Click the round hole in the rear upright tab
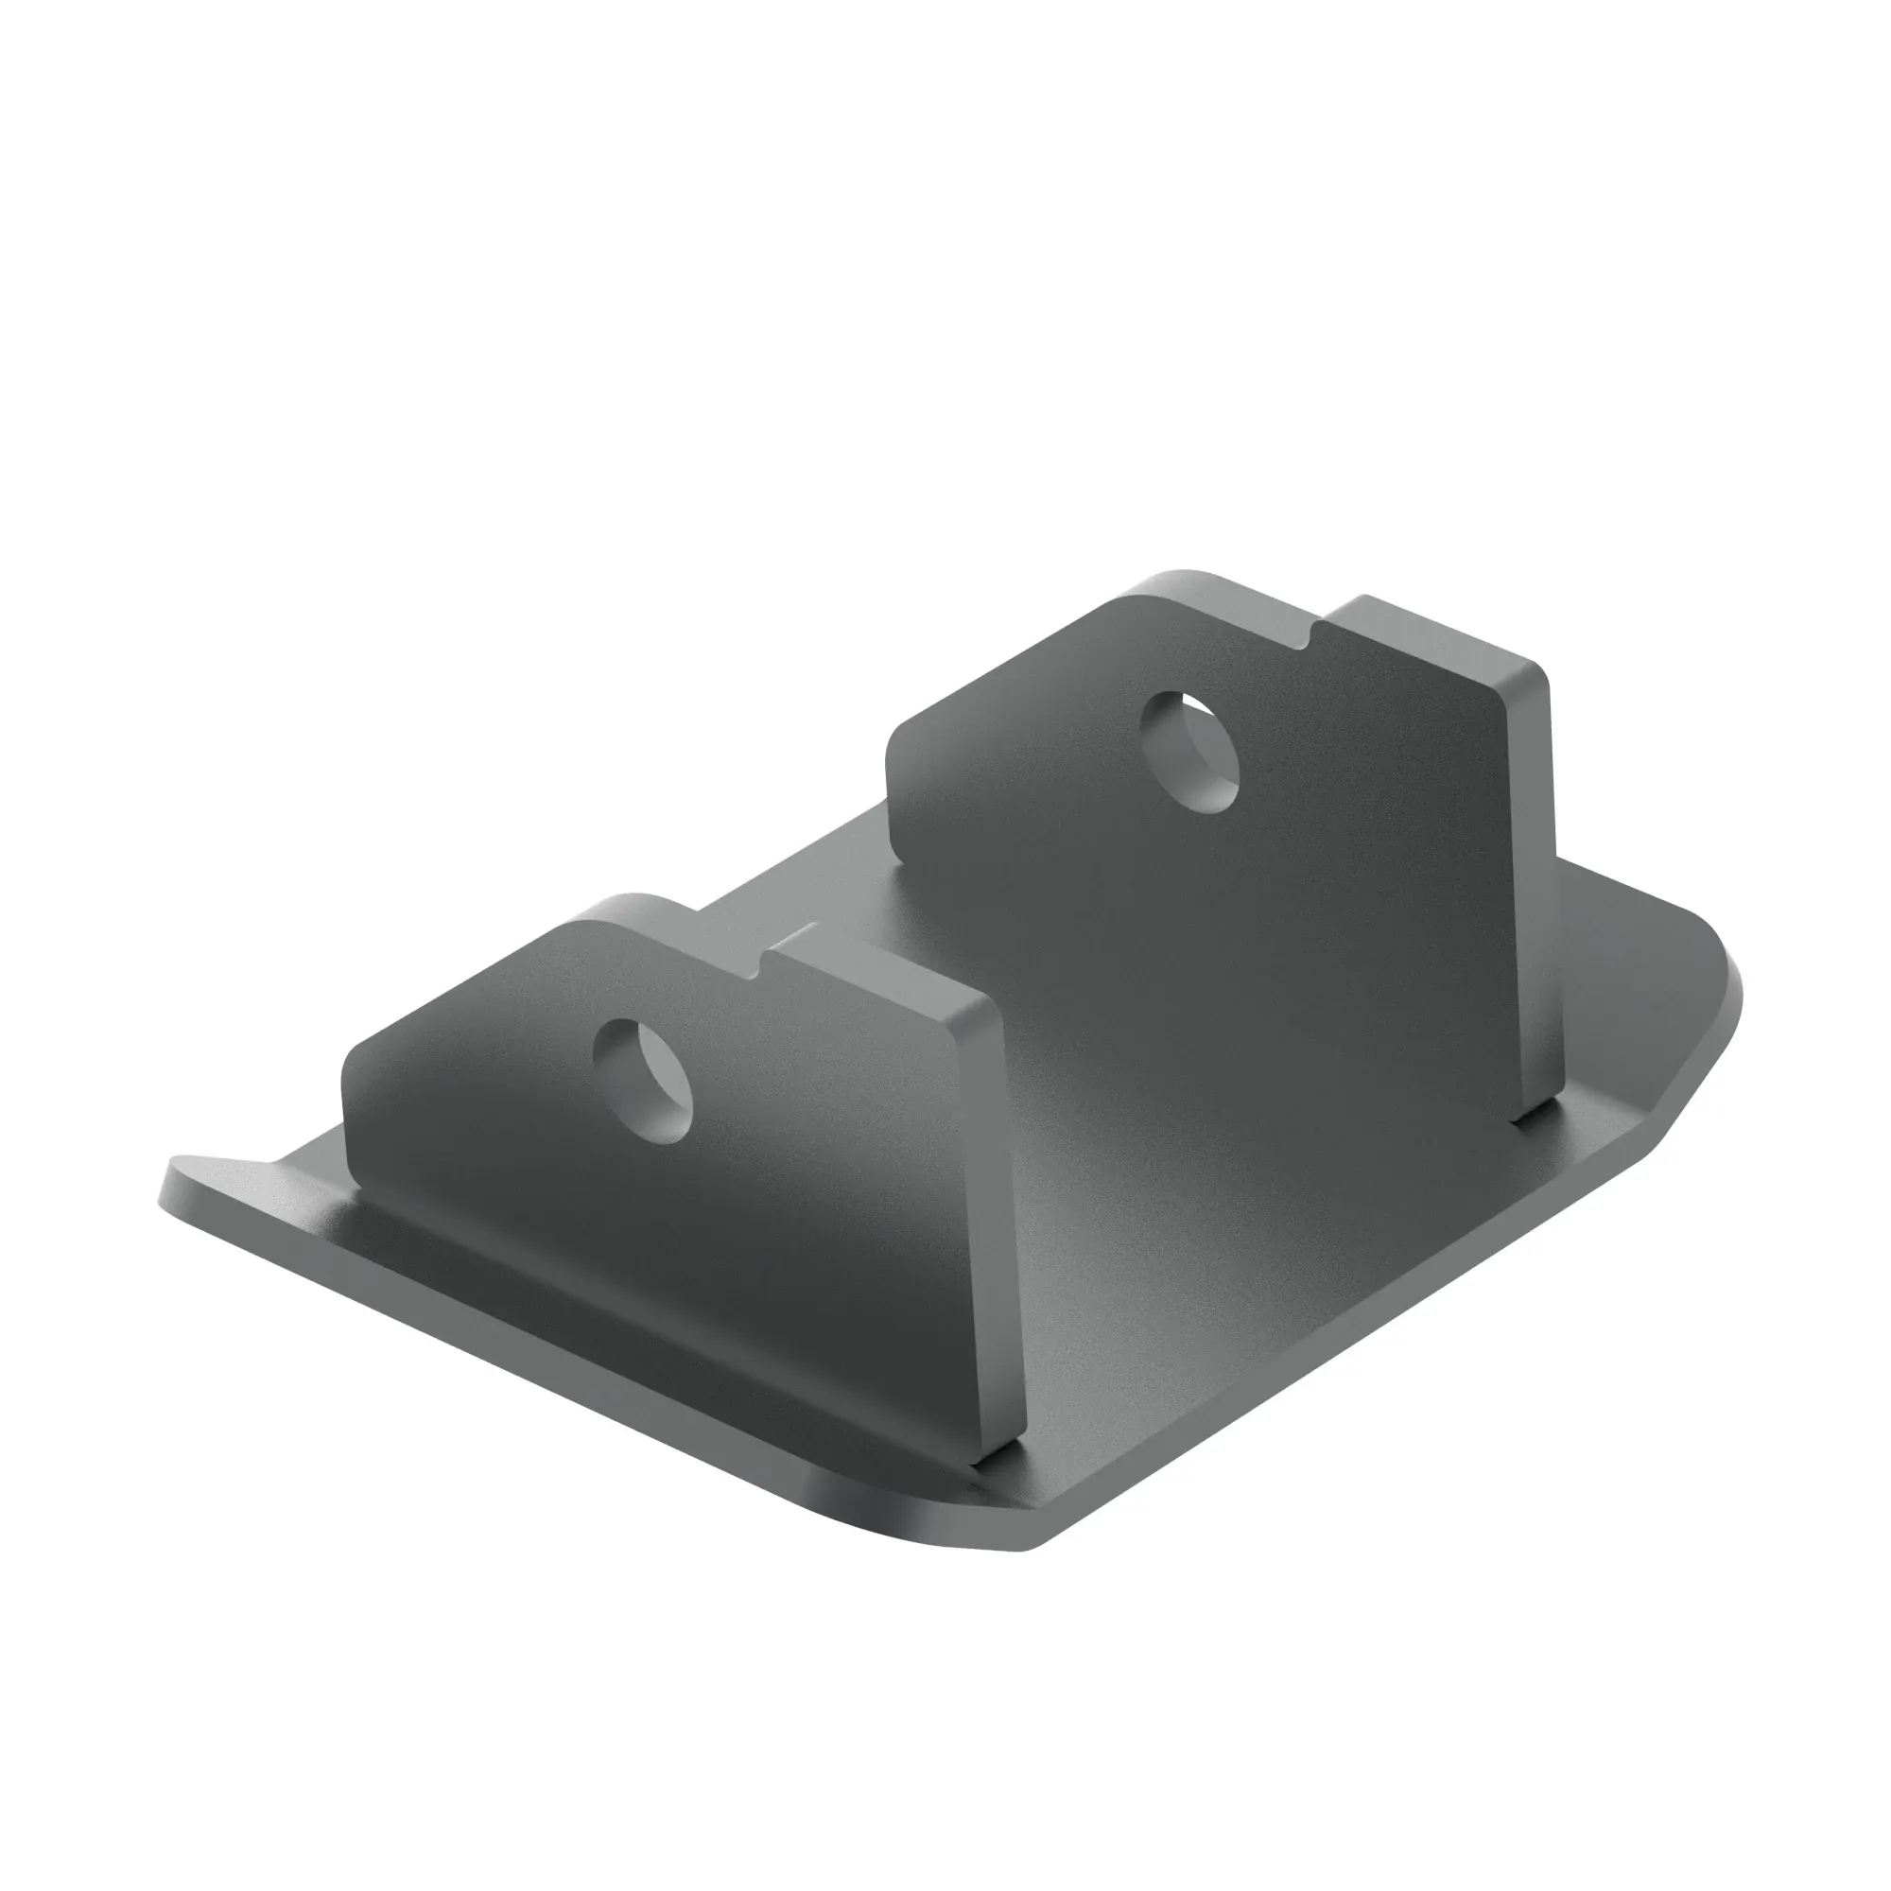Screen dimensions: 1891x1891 click(1192, 751)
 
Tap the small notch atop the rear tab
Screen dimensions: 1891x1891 click(1314, 634)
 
